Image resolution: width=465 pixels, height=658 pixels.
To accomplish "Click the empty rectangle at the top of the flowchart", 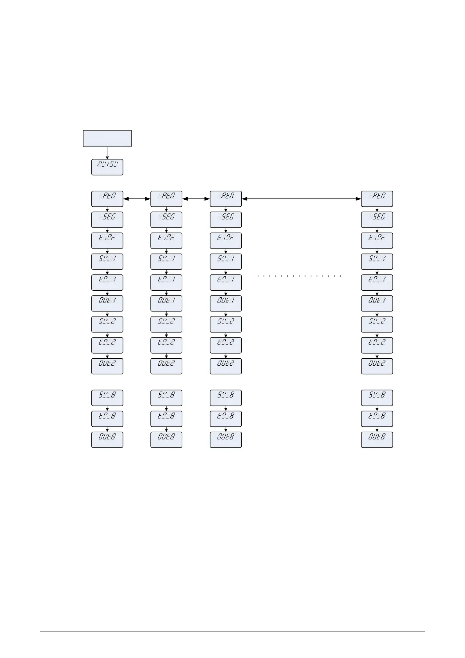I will pos(107,138).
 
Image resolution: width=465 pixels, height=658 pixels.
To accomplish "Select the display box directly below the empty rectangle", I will pos(107,167).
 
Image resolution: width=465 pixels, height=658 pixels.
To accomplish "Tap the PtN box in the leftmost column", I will pos(107,198).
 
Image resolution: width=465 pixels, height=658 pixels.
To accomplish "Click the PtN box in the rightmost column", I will pos(377,198).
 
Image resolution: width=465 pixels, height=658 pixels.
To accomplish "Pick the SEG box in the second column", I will pos(166,220).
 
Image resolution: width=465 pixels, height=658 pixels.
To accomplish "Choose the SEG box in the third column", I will pos(226,220).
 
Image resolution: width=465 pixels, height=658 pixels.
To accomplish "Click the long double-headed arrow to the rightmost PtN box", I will pos(301,199).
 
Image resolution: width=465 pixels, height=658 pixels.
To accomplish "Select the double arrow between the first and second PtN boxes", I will pos(137,199).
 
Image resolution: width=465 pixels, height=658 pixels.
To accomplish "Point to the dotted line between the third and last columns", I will pos(299,276).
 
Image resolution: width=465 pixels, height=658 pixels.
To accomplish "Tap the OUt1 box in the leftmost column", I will pos(107,303).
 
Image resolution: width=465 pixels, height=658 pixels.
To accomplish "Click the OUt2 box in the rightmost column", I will pos(377,366).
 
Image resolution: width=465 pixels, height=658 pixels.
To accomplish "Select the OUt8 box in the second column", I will pos(166,440).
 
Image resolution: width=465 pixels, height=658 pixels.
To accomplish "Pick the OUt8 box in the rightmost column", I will pos(377,440).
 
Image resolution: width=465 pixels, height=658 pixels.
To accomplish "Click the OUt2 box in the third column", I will pos(226,366).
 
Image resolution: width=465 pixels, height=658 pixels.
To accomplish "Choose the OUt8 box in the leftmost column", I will pos(107,440).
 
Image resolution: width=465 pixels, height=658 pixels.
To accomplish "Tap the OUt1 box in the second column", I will pos(166,303).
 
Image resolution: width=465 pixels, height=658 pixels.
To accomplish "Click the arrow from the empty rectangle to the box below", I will pos(107,153).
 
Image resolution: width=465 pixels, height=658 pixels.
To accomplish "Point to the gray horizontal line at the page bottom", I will pos(232,631).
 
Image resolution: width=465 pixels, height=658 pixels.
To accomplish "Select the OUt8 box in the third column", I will pos(226,440).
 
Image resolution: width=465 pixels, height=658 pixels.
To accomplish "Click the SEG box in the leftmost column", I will pos(107,220).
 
